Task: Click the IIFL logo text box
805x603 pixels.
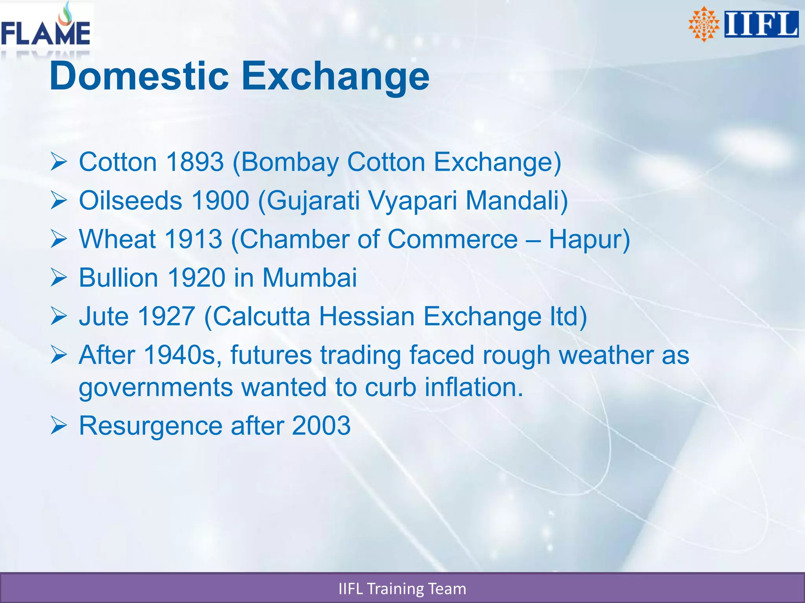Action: [761, 24]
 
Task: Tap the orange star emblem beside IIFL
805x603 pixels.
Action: [704, 24]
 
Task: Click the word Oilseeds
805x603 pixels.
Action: [130, 200]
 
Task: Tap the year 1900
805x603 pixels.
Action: [220, 200]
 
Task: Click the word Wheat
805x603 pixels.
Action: [117, 239]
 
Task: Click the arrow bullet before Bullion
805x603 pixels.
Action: [59, 278]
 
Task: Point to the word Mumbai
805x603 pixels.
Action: [310, 278]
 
